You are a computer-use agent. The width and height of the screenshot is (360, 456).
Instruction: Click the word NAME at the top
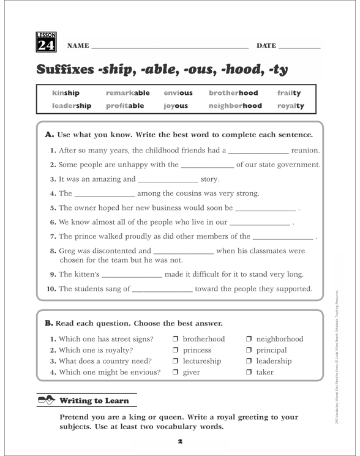coord(78,46)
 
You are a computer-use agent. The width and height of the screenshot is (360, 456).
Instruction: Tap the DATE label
coord(266,46)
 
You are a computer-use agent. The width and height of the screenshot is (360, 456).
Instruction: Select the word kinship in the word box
coord(66,93)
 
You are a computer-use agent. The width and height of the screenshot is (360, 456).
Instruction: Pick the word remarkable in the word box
coord(127,93)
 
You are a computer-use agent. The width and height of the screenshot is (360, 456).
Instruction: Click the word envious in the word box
coord(178,93)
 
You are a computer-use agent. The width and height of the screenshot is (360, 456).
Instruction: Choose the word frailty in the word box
coord(289,93)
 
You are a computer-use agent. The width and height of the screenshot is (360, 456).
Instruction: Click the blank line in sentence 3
coord(168,181)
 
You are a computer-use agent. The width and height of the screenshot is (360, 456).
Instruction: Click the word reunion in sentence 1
coord(306,150)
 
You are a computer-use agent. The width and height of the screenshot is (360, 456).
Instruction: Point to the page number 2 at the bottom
coord(180,440)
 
